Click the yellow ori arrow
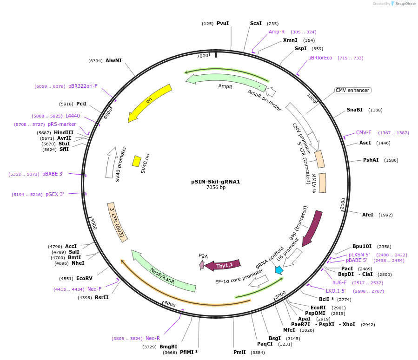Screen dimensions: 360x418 click(150, 103)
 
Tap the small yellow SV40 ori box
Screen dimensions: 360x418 click(137, 161)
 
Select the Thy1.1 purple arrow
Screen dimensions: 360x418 click(223, 265)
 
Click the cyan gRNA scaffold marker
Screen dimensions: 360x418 click(279, 270)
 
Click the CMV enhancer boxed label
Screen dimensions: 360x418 click(352, 90)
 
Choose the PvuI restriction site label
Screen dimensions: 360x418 click(223, 23)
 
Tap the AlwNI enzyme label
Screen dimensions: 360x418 click(113, 60)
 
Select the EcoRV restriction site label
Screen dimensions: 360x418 click(85, 279)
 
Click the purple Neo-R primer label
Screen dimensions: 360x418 click(153, 338)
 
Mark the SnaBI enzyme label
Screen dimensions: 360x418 click(355, 110)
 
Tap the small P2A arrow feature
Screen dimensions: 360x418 click(202, 265)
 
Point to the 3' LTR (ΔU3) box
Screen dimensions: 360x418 click(118, 222)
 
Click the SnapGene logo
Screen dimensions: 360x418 click(403, 4)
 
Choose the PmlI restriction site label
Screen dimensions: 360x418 click(239, 353)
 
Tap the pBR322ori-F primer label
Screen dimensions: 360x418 click(83, 86)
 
